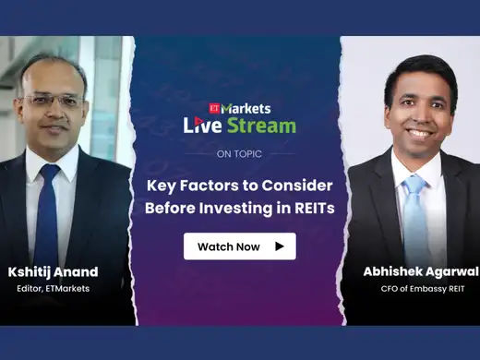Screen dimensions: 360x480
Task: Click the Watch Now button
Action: pyautogui.click(x=239, y=246)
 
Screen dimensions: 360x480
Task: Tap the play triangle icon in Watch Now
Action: pyautogui.click(x=279, y=246)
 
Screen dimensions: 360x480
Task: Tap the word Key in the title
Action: pyautogui.click(x=163, y=185)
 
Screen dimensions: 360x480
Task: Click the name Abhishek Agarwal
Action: pyautogui.click(x=412, y=271)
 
